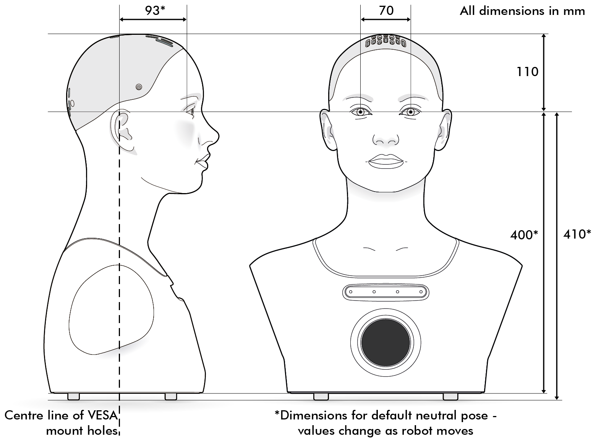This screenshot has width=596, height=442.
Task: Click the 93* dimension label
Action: click(x=155, y=10)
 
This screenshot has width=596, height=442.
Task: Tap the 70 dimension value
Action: click(x=386, y=10)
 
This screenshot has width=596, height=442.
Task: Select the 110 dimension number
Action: click(x=528, y=72)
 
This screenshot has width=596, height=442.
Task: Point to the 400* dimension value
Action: click(x=524, y=235)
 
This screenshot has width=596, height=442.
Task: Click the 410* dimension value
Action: click(x=577, y=234)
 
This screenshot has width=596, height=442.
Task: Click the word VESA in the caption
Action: click(x=102, y=415)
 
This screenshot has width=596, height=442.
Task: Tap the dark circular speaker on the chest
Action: click(x=385, y=343)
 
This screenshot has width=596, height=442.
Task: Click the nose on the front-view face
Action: click(x=386, y=139)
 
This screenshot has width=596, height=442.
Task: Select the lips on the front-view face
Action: click(x=386, y=161)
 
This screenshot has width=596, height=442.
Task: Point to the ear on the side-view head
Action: click(x=123, y=131)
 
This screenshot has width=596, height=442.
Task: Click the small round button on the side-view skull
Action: click(x=139, y=87)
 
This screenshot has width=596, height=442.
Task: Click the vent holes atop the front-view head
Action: click(x=385, y=41)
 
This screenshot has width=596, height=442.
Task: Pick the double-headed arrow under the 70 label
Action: click(x=385, y=19)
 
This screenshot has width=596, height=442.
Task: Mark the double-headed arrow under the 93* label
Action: click(x=153, y=19)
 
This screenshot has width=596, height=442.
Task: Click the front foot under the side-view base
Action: click(x=171, y=396)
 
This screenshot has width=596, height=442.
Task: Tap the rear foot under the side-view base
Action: click(x=73, y=396)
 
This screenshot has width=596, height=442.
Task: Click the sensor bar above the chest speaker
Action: click(x=385, y=292)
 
